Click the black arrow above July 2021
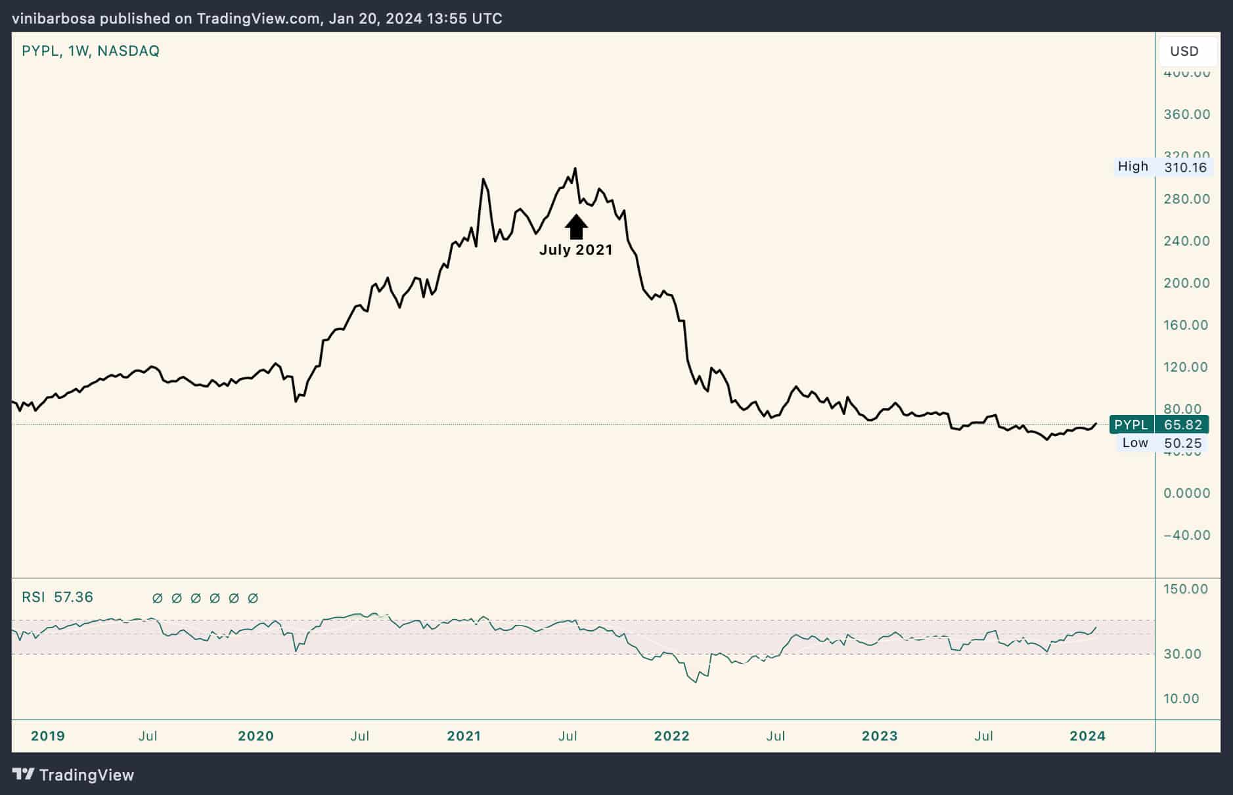576,226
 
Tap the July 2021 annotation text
575,250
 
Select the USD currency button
1184,51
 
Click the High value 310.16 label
1185,167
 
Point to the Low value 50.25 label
1182,443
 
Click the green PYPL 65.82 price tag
1159,425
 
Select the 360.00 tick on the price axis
1186,114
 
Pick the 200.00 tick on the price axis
1186,283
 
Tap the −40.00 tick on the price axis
1186,535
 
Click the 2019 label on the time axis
48,736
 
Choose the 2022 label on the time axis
672,736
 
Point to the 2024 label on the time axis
1087,736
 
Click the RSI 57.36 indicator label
57,597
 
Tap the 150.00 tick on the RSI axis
1185,589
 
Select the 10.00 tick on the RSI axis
1181,698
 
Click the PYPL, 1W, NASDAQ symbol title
91,51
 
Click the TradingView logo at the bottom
74,775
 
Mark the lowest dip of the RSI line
696,682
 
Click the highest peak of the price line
575,169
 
